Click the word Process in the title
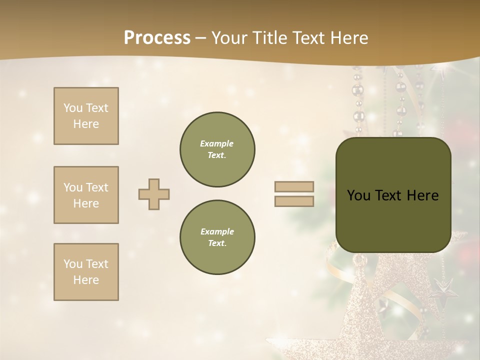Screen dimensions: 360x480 (157, 38)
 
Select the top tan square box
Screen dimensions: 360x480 (86, 116)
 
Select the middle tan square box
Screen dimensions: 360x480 (86, 195)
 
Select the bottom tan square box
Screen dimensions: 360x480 (86, 272)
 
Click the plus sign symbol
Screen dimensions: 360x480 (154, 194)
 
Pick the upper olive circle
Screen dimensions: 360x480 (217, 149)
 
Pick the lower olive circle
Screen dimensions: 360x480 (217, 237)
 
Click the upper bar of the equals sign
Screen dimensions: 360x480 (294, 187)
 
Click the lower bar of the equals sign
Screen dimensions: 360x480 (294, 201)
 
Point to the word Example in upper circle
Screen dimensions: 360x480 (217, 143)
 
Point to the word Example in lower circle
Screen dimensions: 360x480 (217, 231)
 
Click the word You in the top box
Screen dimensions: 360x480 (72, 108)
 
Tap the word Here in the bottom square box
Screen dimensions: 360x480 (86, 280)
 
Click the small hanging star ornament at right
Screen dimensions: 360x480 (442, 289)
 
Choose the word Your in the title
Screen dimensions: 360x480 (229, 38)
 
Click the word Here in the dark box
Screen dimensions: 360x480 (422, 195)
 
